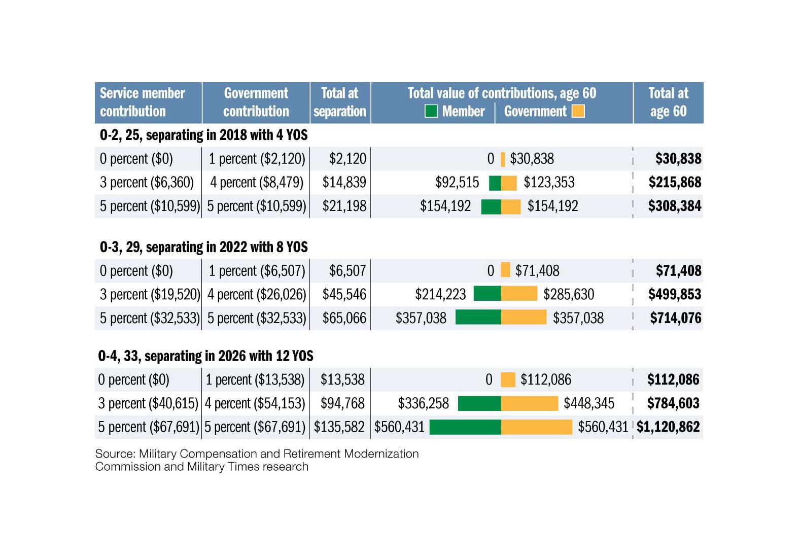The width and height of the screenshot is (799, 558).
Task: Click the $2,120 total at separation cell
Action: pyautogui.click(x=348, y=159)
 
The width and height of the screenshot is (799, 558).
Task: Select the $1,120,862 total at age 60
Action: pyautogui.click(x=668, y=427)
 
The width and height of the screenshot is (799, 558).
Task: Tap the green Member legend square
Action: pyautogui.click(x=431, y=111)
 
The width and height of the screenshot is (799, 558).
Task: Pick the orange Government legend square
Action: pyautogui.click(x=578, y=111)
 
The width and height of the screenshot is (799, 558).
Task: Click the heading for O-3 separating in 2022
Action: pyautogui.click(x=203, y=247)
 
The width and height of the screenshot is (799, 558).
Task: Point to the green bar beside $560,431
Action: pyautogui.click(x=465, y=427)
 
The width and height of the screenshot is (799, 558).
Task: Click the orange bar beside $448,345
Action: pyautogui.click(x=530, y=403)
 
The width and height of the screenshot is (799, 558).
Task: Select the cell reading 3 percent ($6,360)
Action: pyautogui.click(x=147, y=183)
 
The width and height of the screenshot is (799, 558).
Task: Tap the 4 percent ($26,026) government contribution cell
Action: pyautogui.click(x=257, y=295)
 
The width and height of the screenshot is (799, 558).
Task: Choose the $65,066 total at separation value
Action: pyautogui.click(x=344, y=319)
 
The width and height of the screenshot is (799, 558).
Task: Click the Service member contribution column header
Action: pyautogui.click(x=143, y=102)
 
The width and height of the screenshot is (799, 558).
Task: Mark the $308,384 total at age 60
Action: pyautogui.click(x=675, y=206)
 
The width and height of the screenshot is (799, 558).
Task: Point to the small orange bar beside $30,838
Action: pyautogui.click(x=503, y=159)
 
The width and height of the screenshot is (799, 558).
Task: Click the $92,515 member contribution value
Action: pyautogui.click(x=457, y=183)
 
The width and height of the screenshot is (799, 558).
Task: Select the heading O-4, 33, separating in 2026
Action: pyautogui.click(x=205, y=356)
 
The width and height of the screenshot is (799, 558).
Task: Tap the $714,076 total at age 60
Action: pyautogui.click(x=676, y=319)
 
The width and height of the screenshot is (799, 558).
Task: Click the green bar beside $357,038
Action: pyautogui.click(x=478, y=318)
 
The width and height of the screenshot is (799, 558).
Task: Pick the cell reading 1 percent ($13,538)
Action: pyautogui.click(x=255, y=380)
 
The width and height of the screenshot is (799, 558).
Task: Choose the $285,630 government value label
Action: pyautogui.click(x=569, y=295)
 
